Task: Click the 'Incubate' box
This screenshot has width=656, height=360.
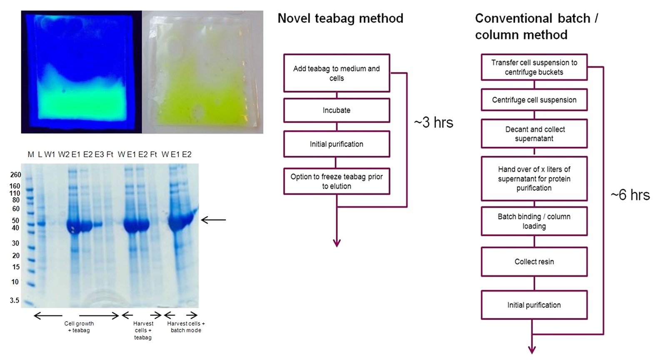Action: pos(337,110)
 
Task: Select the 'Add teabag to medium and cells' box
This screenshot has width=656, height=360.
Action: pos(337,73)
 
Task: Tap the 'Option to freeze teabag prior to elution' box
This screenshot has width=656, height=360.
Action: pos(337,181)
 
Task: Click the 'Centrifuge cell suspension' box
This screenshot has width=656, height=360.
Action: pos(534,100)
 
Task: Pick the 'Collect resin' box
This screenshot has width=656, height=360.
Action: pos(534,262)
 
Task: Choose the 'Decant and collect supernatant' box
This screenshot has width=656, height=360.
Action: pos(534,134)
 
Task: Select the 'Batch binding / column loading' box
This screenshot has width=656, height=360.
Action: pos(534,221)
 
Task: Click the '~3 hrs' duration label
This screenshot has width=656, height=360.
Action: pos(433,122)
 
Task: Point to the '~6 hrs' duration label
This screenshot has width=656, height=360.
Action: pos(630,195)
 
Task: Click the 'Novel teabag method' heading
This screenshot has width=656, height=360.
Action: pos(340,18)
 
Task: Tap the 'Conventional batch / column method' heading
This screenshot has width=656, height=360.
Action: pos(536,26)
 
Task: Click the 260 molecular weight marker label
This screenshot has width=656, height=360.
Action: pos(15,175)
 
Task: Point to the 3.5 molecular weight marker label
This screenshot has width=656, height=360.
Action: pos(15,300)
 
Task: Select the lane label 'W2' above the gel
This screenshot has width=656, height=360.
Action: pos(64,155)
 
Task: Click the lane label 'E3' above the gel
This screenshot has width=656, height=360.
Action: pos(99,155)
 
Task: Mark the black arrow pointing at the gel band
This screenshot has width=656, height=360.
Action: pos(213,220)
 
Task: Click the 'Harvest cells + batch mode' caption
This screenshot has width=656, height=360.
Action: pos(186,327)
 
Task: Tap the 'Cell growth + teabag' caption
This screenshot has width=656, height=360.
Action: pos(79,327)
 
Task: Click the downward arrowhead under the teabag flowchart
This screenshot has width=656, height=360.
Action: pos(337,242)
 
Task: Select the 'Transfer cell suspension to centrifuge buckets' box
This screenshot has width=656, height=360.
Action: pos(534,67)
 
